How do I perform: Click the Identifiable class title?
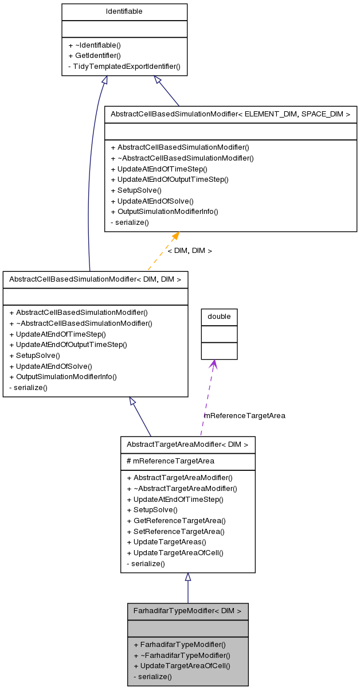coord(124,11)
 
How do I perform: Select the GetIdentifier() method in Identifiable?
coord(95,56)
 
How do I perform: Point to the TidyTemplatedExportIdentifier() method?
coord(124,67)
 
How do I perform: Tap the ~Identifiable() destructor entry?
coord(95,45)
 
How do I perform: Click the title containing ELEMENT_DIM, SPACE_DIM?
coord(230,114)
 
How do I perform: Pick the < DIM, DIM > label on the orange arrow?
coord(190,251)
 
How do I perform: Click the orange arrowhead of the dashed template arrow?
coord(175,236)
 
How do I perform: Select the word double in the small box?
coord(219,317)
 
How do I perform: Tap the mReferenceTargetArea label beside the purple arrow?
coord(245,415)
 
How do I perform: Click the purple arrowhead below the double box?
coord(213,364)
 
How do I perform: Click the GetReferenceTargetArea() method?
coord(176,521)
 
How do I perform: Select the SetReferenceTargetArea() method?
coord(175,532)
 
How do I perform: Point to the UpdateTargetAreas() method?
coord(166,542)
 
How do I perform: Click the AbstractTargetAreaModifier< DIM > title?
coord(187,445)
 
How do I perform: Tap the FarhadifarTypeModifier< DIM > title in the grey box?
coord(187,611)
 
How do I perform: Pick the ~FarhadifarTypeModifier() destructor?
coord(182,655)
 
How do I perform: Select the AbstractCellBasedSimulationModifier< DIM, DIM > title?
coord(95,279)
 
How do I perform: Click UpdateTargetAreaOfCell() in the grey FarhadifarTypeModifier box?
coord(182,666)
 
